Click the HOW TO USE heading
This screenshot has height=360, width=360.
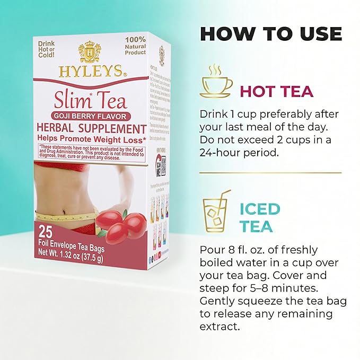[270, 33]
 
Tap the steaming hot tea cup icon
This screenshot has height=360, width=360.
[216, 82]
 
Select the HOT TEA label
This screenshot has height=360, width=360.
[277, 91]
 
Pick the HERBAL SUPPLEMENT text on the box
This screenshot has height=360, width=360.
[91, 128]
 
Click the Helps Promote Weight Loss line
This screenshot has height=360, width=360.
[91, 139]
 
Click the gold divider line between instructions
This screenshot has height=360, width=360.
[270, 172]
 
